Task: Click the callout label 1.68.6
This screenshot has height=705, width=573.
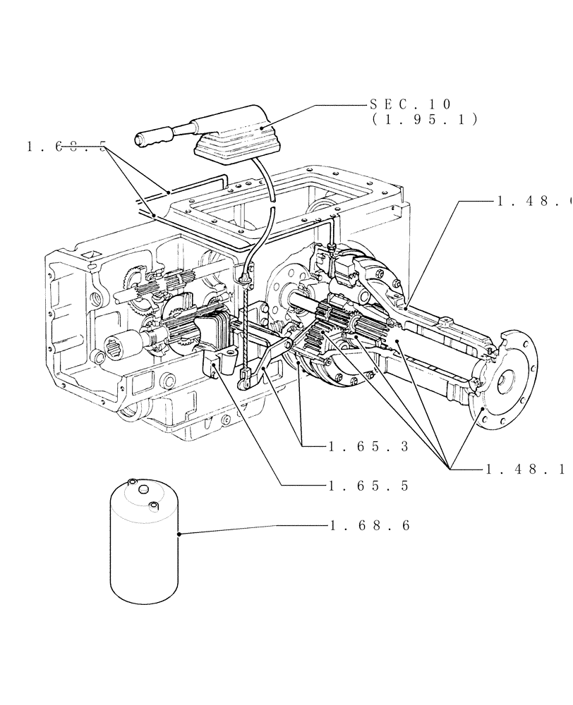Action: (369, 526)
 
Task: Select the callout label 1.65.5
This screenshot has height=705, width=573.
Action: (369, 486)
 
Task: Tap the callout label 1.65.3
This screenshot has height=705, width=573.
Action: (369, 446)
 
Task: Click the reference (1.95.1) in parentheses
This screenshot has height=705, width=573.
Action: (424, 120)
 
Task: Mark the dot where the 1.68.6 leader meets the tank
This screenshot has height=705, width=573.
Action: (180, 534)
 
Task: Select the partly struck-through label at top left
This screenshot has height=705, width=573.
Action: (66, 147)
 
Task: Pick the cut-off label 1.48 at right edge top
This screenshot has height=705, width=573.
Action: (533, 201)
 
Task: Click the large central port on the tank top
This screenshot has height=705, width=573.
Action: (143, 489)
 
